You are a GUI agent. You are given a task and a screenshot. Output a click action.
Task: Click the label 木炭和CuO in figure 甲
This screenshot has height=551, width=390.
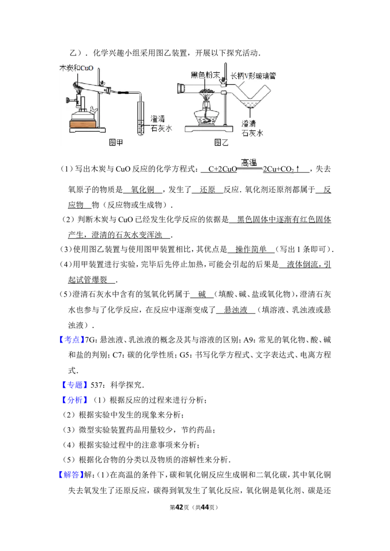click(77, 68)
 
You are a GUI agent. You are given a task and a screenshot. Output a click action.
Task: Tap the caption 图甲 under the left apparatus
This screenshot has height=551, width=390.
click(116, 142)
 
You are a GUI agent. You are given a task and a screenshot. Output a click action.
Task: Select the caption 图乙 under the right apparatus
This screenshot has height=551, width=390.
click(221, 142)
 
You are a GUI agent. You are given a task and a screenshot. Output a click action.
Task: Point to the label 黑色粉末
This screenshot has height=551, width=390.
click(205, 75)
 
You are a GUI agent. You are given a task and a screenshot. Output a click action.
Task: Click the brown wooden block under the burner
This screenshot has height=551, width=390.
click(83, 124)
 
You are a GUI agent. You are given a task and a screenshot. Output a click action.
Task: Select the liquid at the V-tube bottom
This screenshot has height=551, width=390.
click(250, 103)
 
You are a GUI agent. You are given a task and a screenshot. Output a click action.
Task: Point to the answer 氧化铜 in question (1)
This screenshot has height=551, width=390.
click(142, 190)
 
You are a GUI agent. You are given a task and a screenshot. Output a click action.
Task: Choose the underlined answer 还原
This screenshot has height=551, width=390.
click(207, 190)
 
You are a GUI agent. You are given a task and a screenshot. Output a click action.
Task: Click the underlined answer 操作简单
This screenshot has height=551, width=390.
click(251, 250)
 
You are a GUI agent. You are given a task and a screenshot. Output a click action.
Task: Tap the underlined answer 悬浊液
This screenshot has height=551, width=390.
click(236, 310)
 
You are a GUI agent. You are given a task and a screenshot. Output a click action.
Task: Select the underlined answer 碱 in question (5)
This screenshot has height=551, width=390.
click(202, 294)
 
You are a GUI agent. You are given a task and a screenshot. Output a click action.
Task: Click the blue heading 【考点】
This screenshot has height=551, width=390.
click(72, 340)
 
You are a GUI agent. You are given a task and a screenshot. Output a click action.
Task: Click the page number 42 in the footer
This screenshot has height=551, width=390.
click(179, 507)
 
